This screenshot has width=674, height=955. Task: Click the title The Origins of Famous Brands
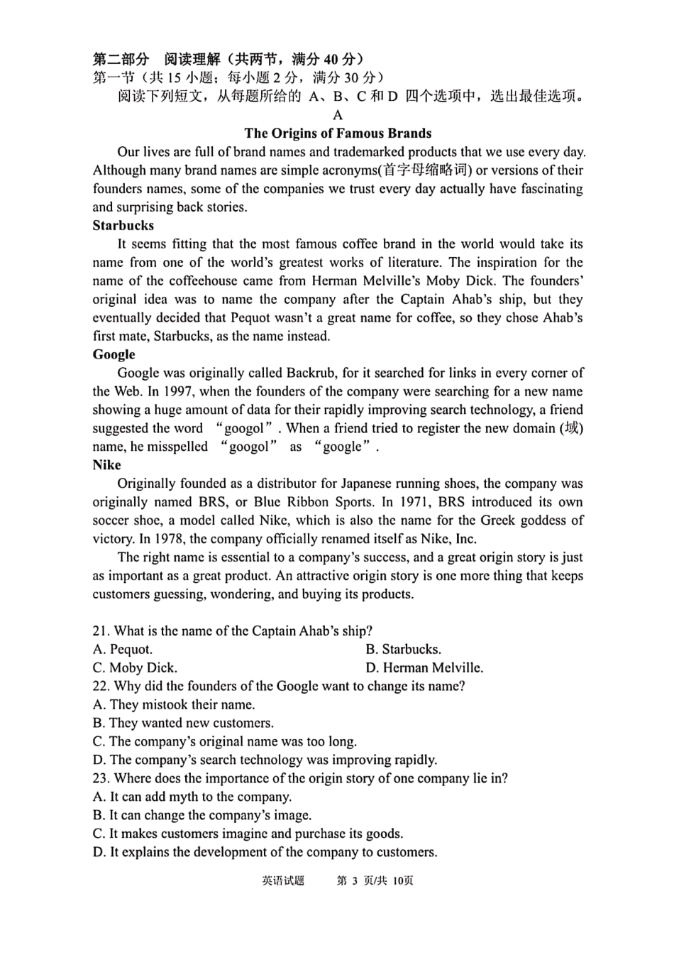pyautogui.click(x=338, y=133)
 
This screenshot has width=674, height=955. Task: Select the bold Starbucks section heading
pyautogui.click(x=123, y=226)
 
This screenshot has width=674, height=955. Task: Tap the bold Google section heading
pyautogui.click(x=114, y=354)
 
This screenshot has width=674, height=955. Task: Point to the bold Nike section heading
pyautogui.click(x=106, y=465)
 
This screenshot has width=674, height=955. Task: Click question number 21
pyautogui.click(x=101, y=631)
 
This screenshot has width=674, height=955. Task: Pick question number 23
pyautogui.click(x=101, y=779)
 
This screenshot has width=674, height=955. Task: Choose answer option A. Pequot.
pyautogui.click(x=122, y=650)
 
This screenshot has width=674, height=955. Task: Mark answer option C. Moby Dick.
pyautogui.click(x=135, y=668)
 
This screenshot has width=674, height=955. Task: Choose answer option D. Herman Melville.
pyautogui.click(x=424, y=668)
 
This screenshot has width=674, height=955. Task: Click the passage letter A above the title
pyautogui.click(x=338, y=115)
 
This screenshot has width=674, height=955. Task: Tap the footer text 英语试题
pyautogui.click(x=283, y=880)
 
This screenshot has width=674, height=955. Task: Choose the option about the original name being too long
pyautogui.click(x=225, y=742)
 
